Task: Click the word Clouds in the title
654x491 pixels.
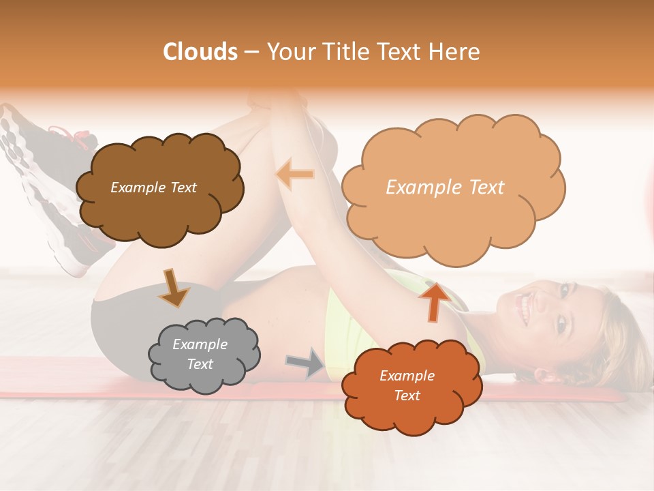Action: pyautogui.click(x=200, y=52)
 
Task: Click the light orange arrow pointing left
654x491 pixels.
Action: pyautogui.click(x=296, y=174)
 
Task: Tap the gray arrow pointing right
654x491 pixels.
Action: pyautogui.click(x=306, y=362)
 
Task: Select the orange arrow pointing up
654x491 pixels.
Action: pyautogui.click(x=434, y=301)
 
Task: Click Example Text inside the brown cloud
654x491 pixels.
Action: pyautogui.click(x=153, y=188)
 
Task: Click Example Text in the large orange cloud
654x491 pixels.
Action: pyautogui.click(x=445, y=188)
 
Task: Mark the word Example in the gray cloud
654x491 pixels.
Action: pyautogui.click(x=200, y=344)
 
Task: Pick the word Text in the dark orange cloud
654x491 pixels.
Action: pyautogui.click(x=407, y=396)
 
